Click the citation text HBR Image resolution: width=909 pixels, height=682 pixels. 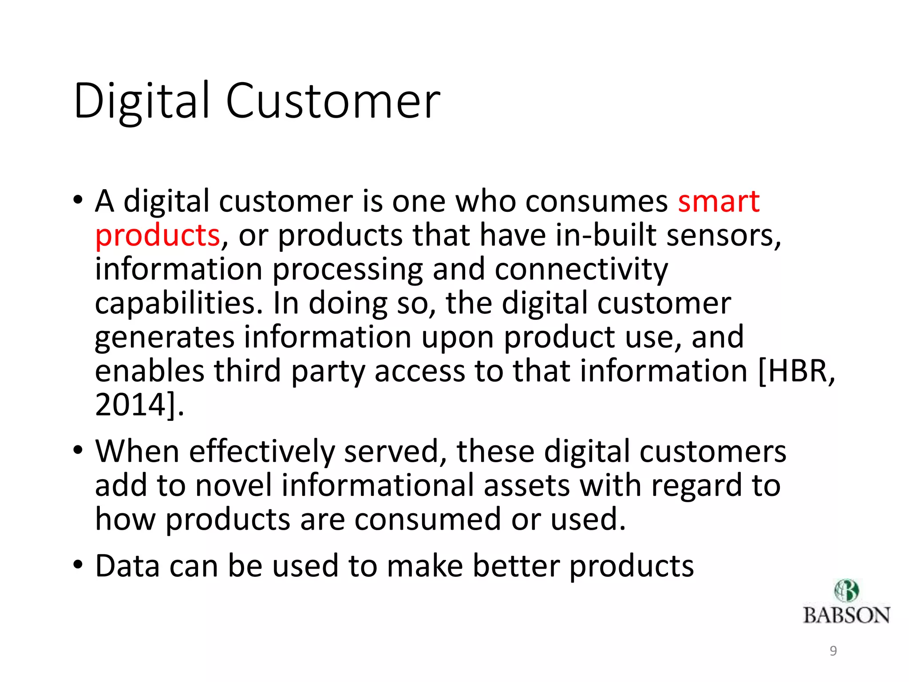point(796,371)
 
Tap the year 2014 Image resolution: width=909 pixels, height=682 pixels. point(131,405)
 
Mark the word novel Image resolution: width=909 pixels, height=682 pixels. point(233,485)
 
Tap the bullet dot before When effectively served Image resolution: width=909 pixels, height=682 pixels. point(78,450)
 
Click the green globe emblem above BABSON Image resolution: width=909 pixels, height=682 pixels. point(846,591)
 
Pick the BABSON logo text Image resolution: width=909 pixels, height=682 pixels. point(846,616)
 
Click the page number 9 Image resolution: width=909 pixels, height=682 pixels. point(833,651)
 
